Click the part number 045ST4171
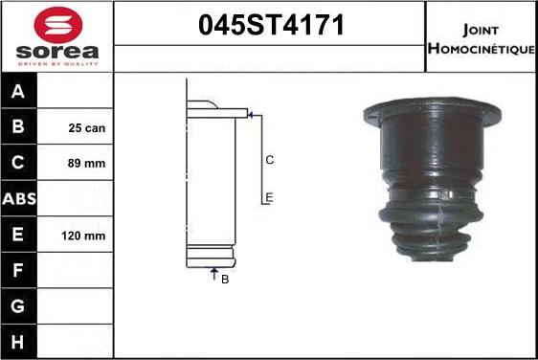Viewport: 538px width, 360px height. click(269, 26)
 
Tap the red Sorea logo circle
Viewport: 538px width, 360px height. click(56, 24)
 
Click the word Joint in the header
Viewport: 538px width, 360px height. click(480, 28)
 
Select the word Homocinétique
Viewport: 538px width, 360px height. click(482, 48)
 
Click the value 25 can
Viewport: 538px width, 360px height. click(87, 127)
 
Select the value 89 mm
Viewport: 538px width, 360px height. click(87, 164)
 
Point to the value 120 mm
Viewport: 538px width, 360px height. click(83, 236)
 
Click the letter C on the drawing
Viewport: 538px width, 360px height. click(270, 160)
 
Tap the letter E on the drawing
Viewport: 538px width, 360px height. click(270, 197)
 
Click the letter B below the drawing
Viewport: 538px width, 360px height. click(224, 280)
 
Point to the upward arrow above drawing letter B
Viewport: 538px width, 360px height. click(213, 273)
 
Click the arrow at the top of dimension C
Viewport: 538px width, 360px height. click(251, 115)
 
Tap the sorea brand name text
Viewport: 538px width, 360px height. click(56, 51)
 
